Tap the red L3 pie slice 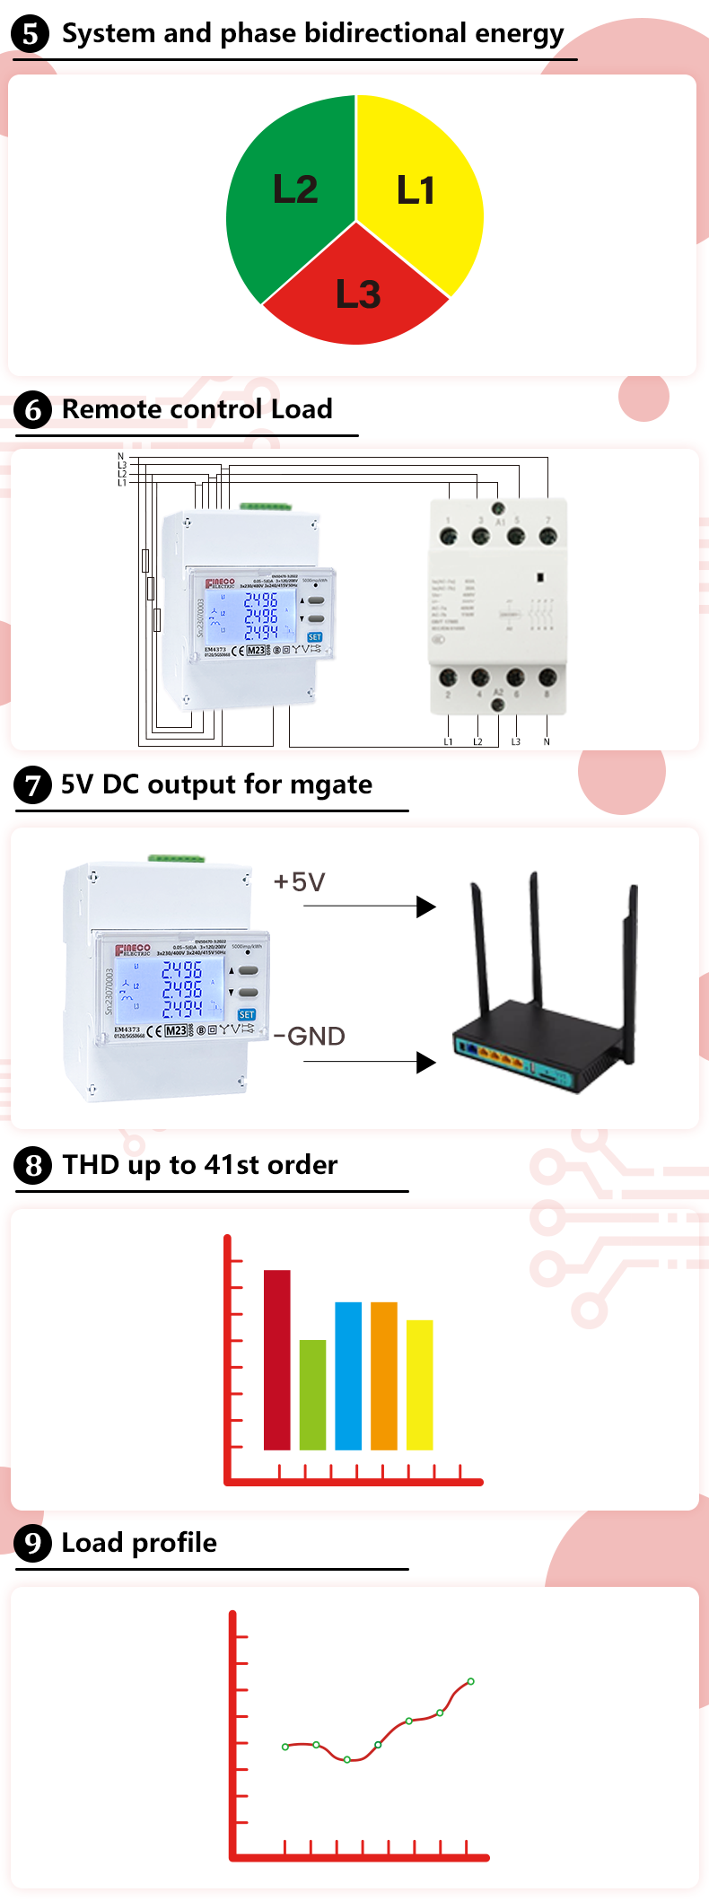click(357, 296)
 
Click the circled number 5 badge click(30, 35)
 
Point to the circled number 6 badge click(32, 410)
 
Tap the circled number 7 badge click(32, 786)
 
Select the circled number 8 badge click(32, 1166)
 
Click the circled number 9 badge click(32, 1544)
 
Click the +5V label click(299, 882)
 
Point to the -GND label click(310, 1037)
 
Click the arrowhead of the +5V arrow click(426, 907)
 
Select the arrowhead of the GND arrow click(426, 1064)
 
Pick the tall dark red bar click(276, 1359)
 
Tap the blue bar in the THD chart click(348, 1375)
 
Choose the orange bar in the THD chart click(384, 1375)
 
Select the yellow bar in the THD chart click(419, 1384)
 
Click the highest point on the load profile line click(470, 1681)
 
